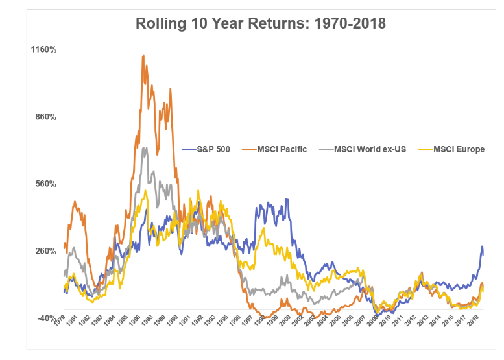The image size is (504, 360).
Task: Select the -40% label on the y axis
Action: tap(47, 318)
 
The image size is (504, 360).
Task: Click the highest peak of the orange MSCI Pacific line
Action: tap(143, 56)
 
